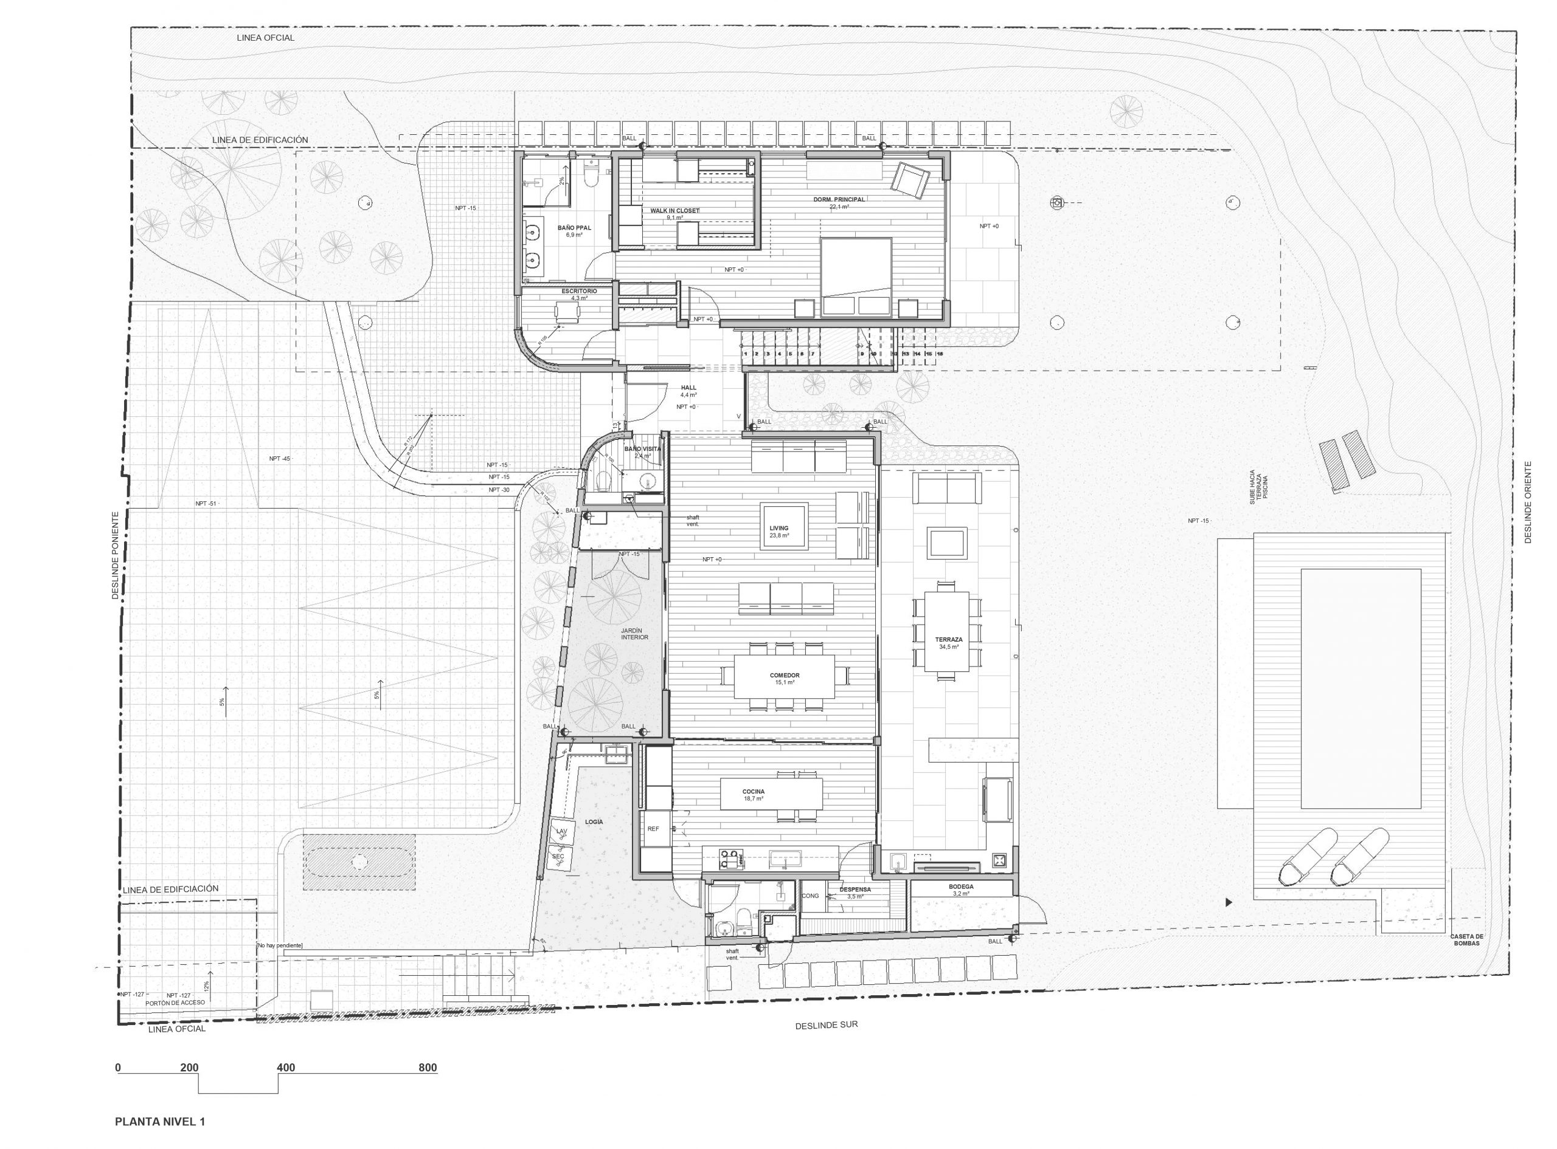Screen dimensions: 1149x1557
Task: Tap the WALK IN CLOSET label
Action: click(x=674, y=211)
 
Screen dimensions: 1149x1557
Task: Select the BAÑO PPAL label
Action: click(x=574, y=228)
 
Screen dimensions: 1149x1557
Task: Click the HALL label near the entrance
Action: click(x=688, y=388)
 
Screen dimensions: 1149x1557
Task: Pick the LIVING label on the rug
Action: click(x=779, y=529)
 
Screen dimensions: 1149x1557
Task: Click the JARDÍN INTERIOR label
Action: click(x=634, y=633)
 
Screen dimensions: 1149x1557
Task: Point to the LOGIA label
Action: click(x=594, y=822)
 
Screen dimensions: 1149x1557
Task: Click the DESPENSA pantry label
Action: click(x=855, y=890)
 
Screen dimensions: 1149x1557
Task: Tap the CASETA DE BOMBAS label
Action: click(x=1466, y=939)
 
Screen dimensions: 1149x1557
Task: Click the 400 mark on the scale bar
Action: click(x=285, y=1068)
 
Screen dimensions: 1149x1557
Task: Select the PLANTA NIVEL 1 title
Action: click(x=160, y=1121)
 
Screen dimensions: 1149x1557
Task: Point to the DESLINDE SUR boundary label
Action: click(x=826, y=1024)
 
